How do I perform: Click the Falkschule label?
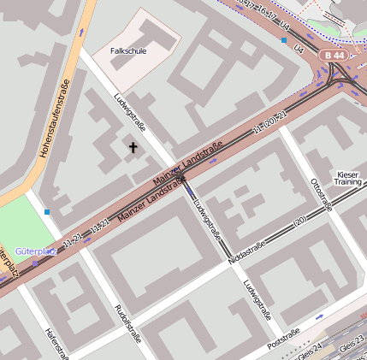pyautogui.click(x=129, y=51)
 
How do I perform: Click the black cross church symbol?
pyautogui.click(x=133, y=148)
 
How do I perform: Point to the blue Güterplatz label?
pyautogui.click(x=35, y=252)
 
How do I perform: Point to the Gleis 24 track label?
pyautogui.click(x=308, y=351)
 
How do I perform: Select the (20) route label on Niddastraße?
pyautogui.click(x=299, y=221)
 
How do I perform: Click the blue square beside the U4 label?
pyautogui.click(x=284, y=39)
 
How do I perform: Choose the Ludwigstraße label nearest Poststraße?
pyautogui.click(x=257, y=299)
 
